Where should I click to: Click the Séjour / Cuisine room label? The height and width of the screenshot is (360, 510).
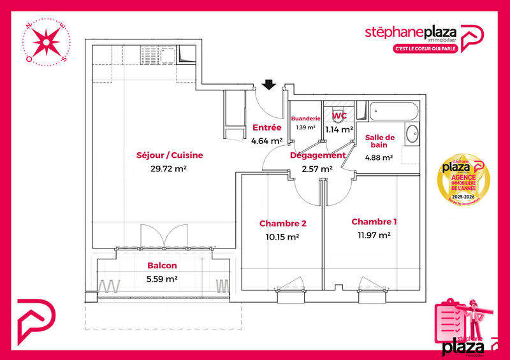tap(161, 155)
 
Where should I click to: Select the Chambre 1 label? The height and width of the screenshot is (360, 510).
tap(374, 222)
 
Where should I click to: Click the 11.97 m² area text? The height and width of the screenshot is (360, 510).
tap(374, 235)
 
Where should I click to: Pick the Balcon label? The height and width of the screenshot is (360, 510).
tap(162, 266)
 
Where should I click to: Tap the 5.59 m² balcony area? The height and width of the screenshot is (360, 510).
tap(162, 278)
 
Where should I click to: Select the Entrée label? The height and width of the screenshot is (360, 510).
tap(267, 127)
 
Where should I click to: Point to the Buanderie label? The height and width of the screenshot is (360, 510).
tap(305, 119)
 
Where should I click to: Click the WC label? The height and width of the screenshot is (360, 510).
tap(339, 116)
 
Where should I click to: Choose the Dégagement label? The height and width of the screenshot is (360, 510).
tap(317, 155)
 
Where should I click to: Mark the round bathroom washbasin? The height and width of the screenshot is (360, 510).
tap(412, 134)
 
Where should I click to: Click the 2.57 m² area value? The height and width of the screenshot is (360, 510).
tap(317, 169)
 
